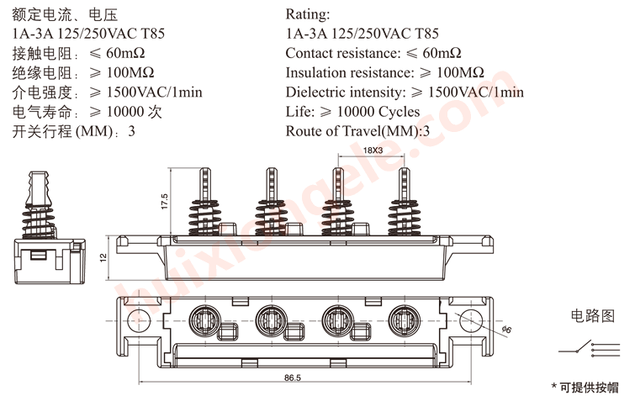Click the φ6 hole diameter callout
[x=505, y=330]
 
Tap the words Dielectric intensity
[x=343, y=92]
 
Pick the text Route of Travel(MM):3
[x=357, y=131]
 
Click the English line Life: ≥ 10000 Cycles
[x=352, y=112]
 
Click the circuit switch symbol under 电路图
[x=580, y=348]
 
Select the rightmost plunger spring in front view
[x=404, y=217]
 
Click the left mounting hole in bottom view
[x=134, y=318]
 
